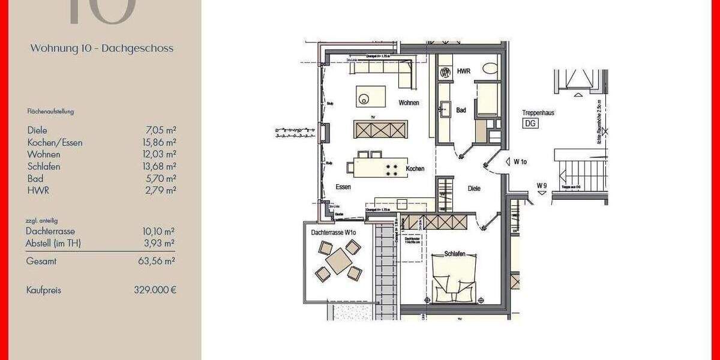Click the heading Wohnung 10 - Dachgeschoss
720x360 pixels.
101,49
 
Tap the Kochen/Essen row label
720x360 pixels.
55,142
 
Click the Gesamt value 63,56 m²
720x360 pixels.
157,261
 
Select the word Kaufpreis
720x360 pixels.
44,290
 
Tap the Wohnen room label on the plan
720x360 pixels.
408,103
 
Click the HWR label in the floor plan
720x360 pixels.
463,71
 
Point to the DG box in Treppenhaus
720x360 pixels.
530,124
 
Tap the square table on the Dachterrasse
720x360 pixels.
339,262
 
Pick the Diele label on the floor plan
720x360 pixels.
474,188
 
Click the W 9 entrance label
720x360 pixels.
542,185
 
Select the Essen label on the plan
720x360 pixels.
343,187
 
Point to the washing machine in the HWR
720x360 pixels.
446,73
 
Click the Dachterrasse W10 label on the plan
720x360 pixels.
334,232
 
